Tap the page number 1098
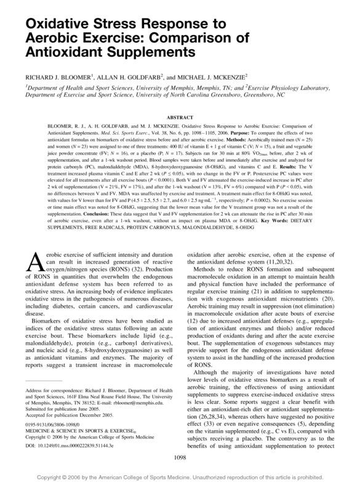pyautogui.click(x=180, y=456)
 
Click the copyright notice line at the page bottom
pyautogui.click(x=180, y=475)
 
